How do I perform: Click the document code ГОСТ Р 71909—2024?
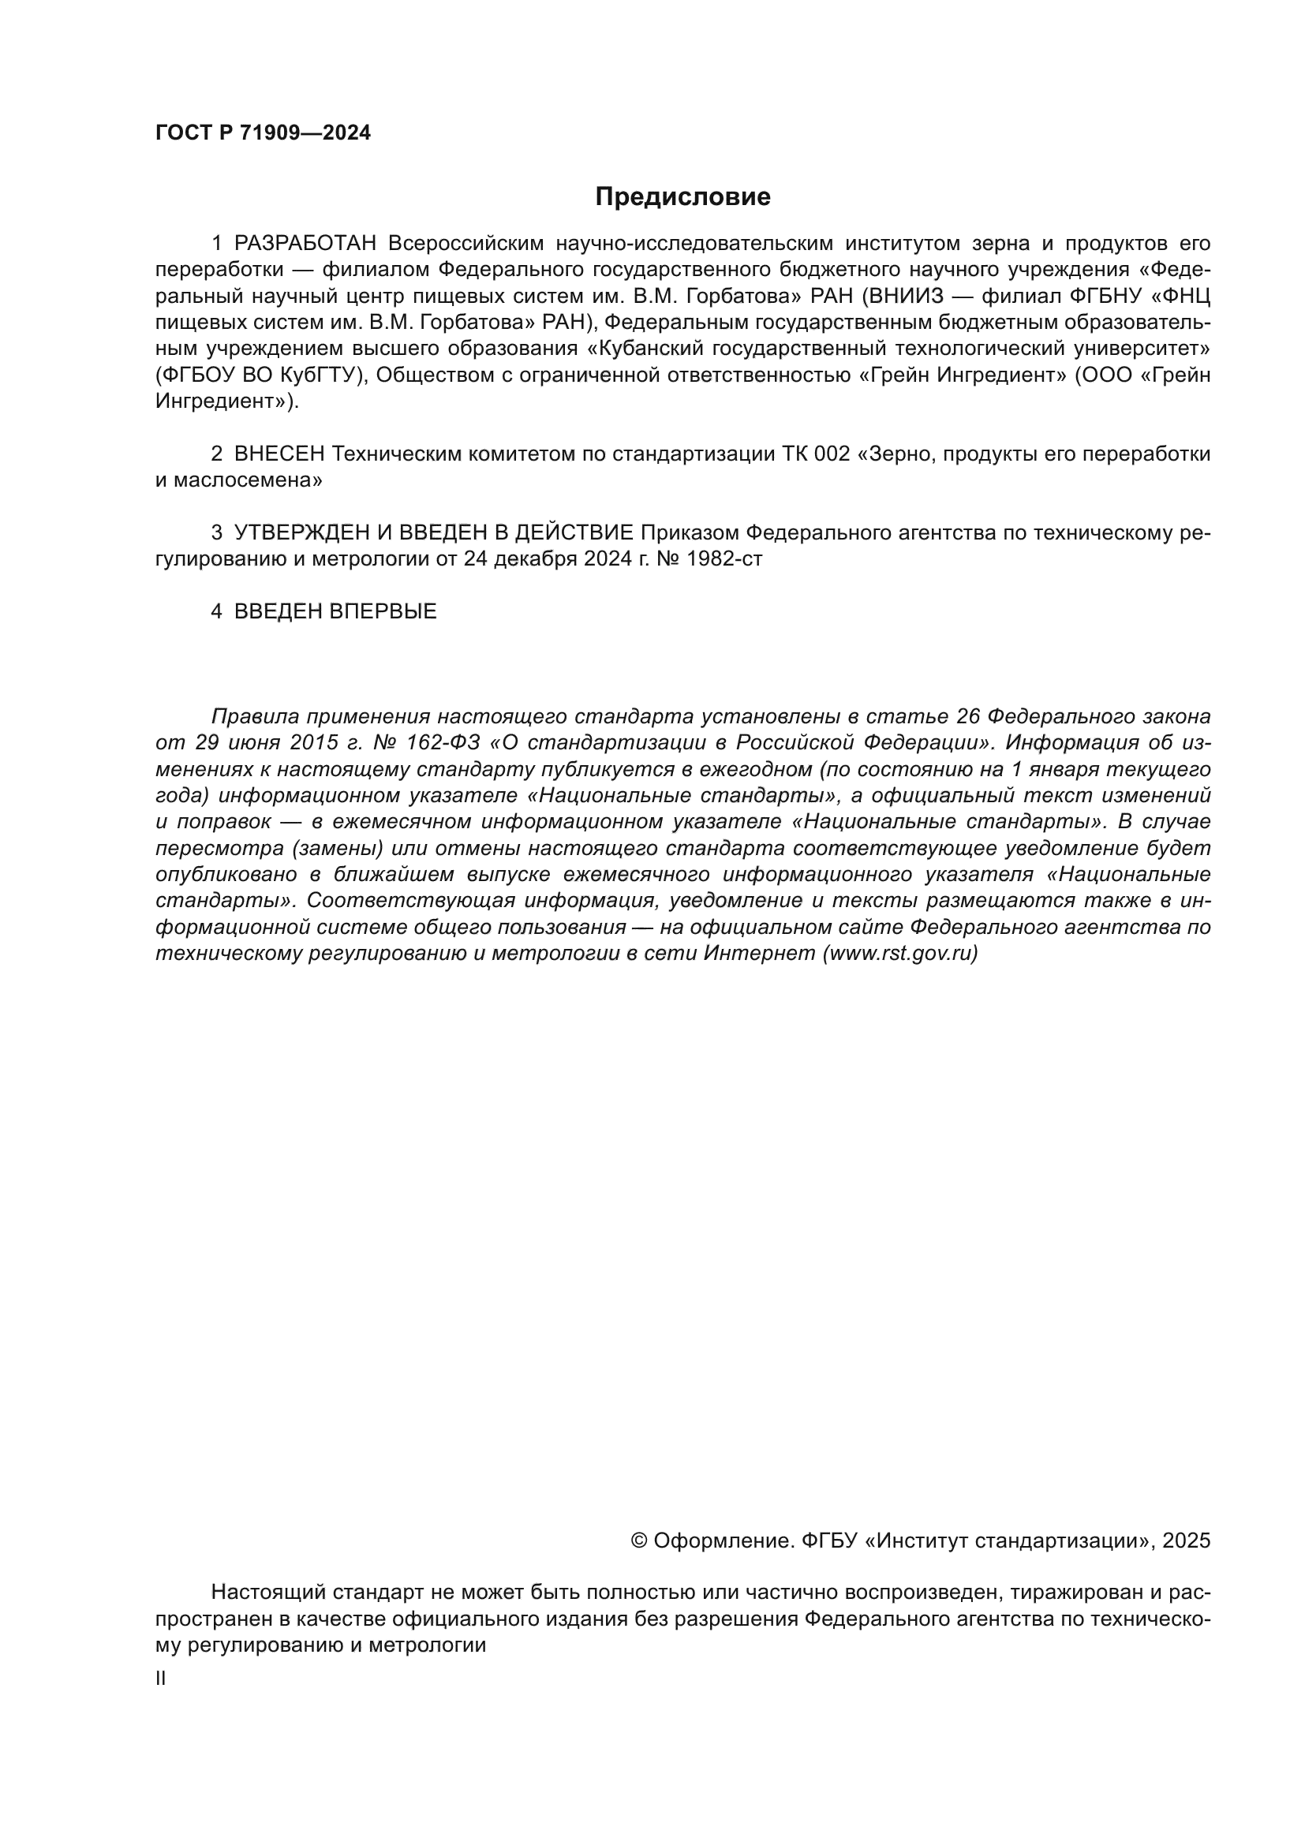tap(263, 133)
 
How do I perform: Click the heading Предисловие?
tap(682, 197)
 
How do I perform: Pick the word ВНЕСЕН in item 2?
tap(279, 454)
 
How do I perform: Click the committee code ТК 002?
tap(816, 454)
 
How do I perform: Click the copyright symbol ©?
tap(639, 1541)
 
